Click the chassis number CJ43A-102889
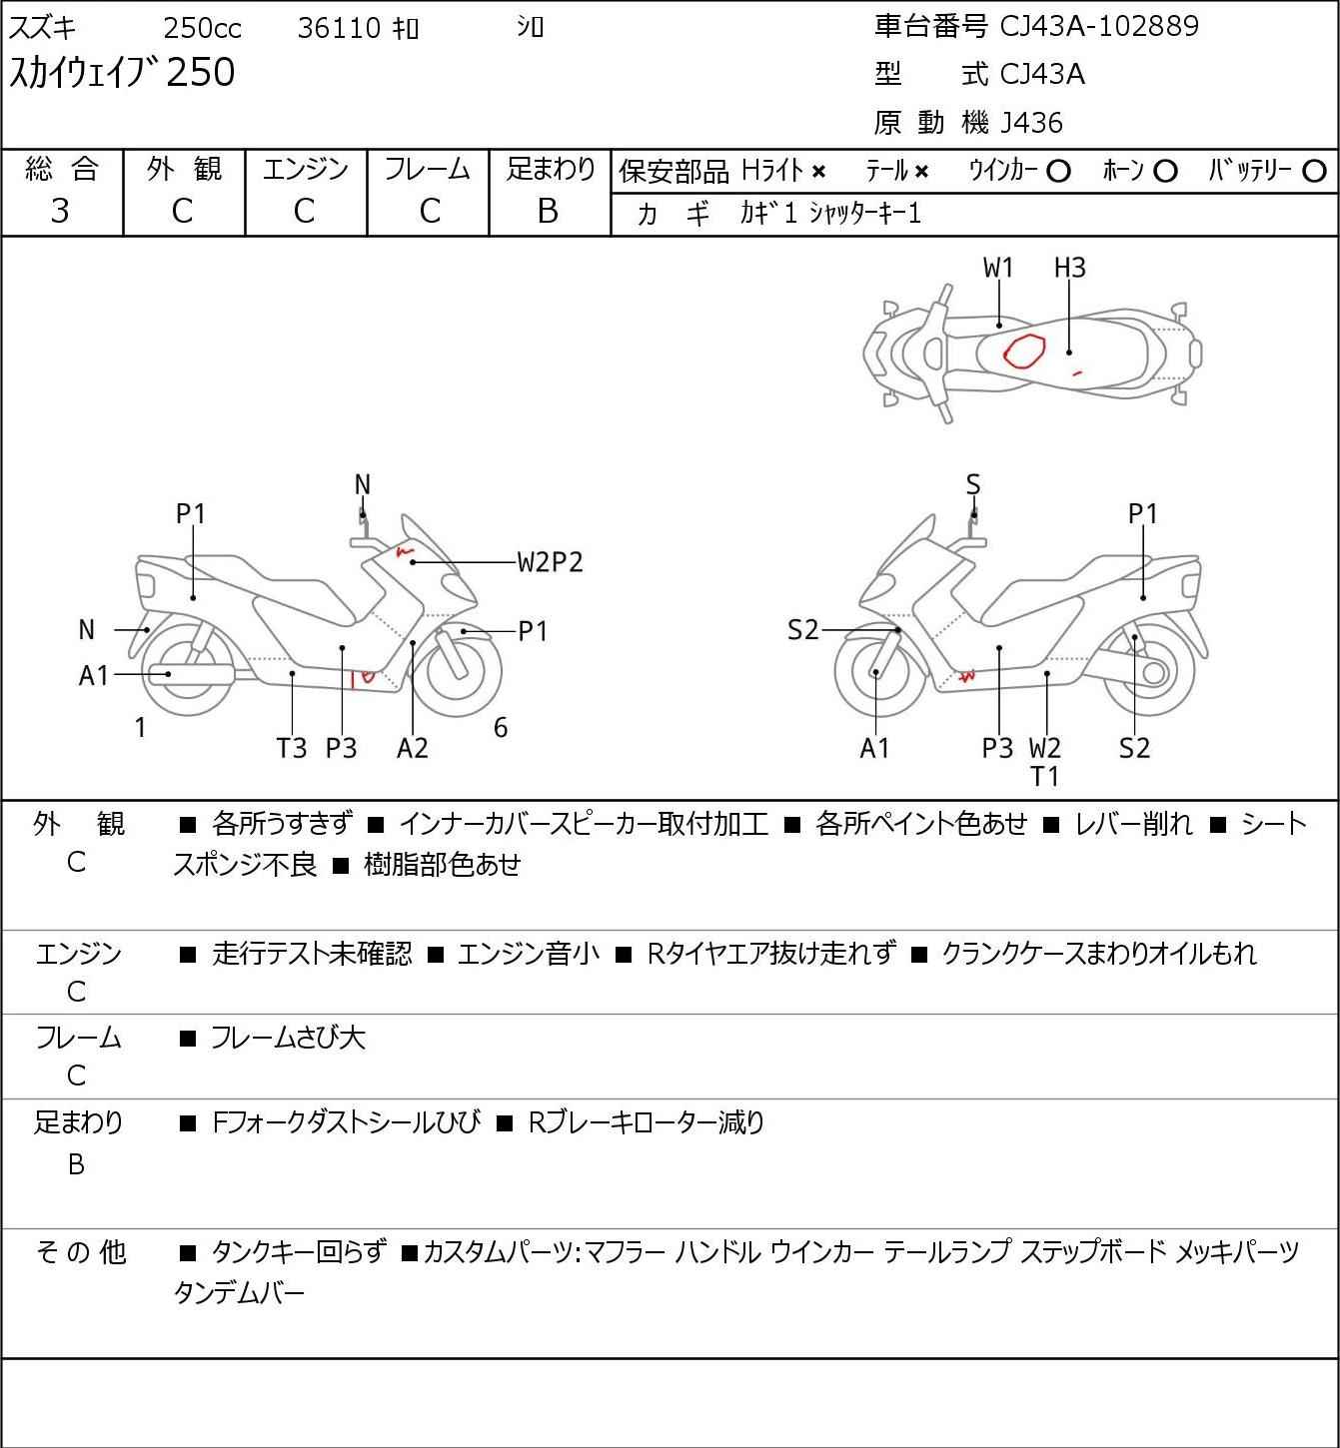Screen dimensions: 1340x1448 (x=1098, y=26)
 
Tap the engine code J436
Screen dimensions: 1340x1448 (x=1031, y=123)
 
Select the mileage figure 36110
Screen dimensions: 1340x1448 (x=339, y=28)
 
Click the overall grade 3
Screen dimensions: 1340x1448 (x=60, y=212)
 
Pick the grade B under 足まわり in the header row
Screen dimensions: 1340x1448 (x=548, y=212)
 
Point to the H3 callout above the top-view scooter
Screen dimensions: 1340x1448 (x=1069, y=268)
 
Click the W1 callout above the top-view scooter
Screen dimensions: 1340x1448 (x=997, y=268)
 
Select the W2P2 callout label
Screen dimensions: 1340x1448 (x=550, y=562)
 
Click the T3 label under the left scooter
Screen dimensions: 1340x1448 (x=291, y=748)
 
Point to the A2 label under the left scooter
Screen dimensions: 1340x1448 (x=413, y=748)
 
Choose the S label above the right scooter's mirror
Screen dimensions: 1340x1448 (x=973, y=484)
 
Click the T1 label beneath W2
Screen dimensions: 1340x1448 (x=1044, y=777)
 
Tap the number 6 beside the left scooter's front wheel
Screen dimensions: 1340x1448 (x=500, y=727)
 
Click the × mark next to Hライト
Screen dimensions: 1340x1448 (x=818, y=172)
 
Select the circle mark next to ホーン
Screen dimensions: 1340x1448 (x=1165, y=172)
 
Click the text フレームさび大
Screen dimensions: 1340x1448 (x=288, y=1038)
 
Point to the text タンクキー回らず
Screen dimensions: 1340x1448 (x=299, y=1252)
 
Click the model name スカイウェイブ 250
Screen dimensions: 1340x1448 (x=122, y=72)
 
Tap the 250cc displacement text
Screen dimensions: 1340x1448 (x=202, y=28)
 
